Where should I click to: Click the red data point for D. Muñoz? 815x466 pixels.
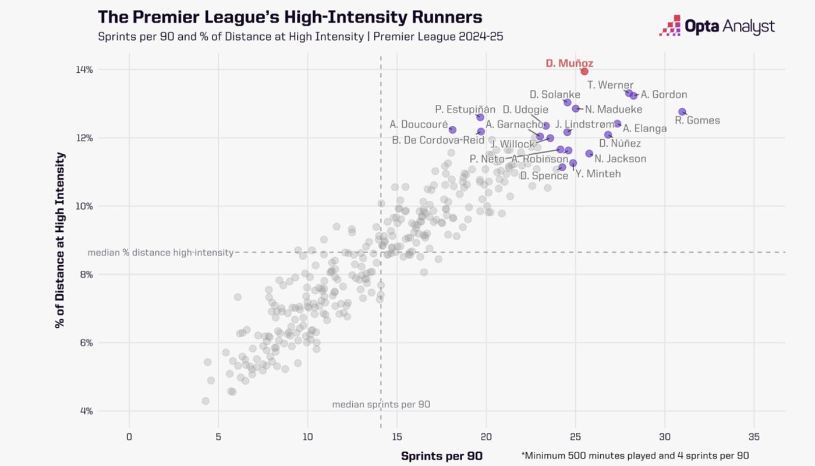click(584, 71)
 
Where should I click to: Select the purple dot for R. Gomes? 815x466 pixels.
click(682, 111)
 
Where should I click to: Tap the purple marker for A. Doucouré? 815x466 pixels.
click(452, 129)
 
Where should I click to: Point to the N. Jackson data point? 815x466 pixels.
click(589, 154)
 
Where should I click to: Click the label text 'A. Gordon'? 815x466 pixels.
click(664, 94)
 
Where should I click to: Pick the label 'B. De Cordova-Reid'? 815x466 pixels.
click(438, 140)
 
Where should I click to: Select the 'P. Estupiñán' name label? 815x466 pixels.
click(465, 109)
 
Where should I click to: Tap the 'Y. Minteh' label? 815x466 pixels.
click(598, 174)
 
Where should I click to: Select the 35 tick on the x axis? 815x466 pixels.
click(754, 436)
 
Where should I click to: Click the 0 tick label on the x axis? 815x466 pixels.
click(129, 436)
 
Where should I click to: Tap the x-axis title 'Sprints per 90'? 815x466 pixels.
click(442, 456)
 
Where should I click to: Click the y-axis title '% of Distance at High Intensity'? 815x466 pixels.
click(59, 240)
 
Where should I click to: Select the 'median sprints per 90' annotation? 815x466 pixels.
click(381, 404)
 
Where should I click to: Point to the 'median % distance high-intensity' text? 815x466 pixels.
click(160, 253)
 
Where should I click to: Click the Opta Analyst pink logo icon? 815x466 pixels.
click(669, 26)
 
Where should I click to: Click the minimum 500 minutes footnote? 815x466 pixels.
click(635, 456)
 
